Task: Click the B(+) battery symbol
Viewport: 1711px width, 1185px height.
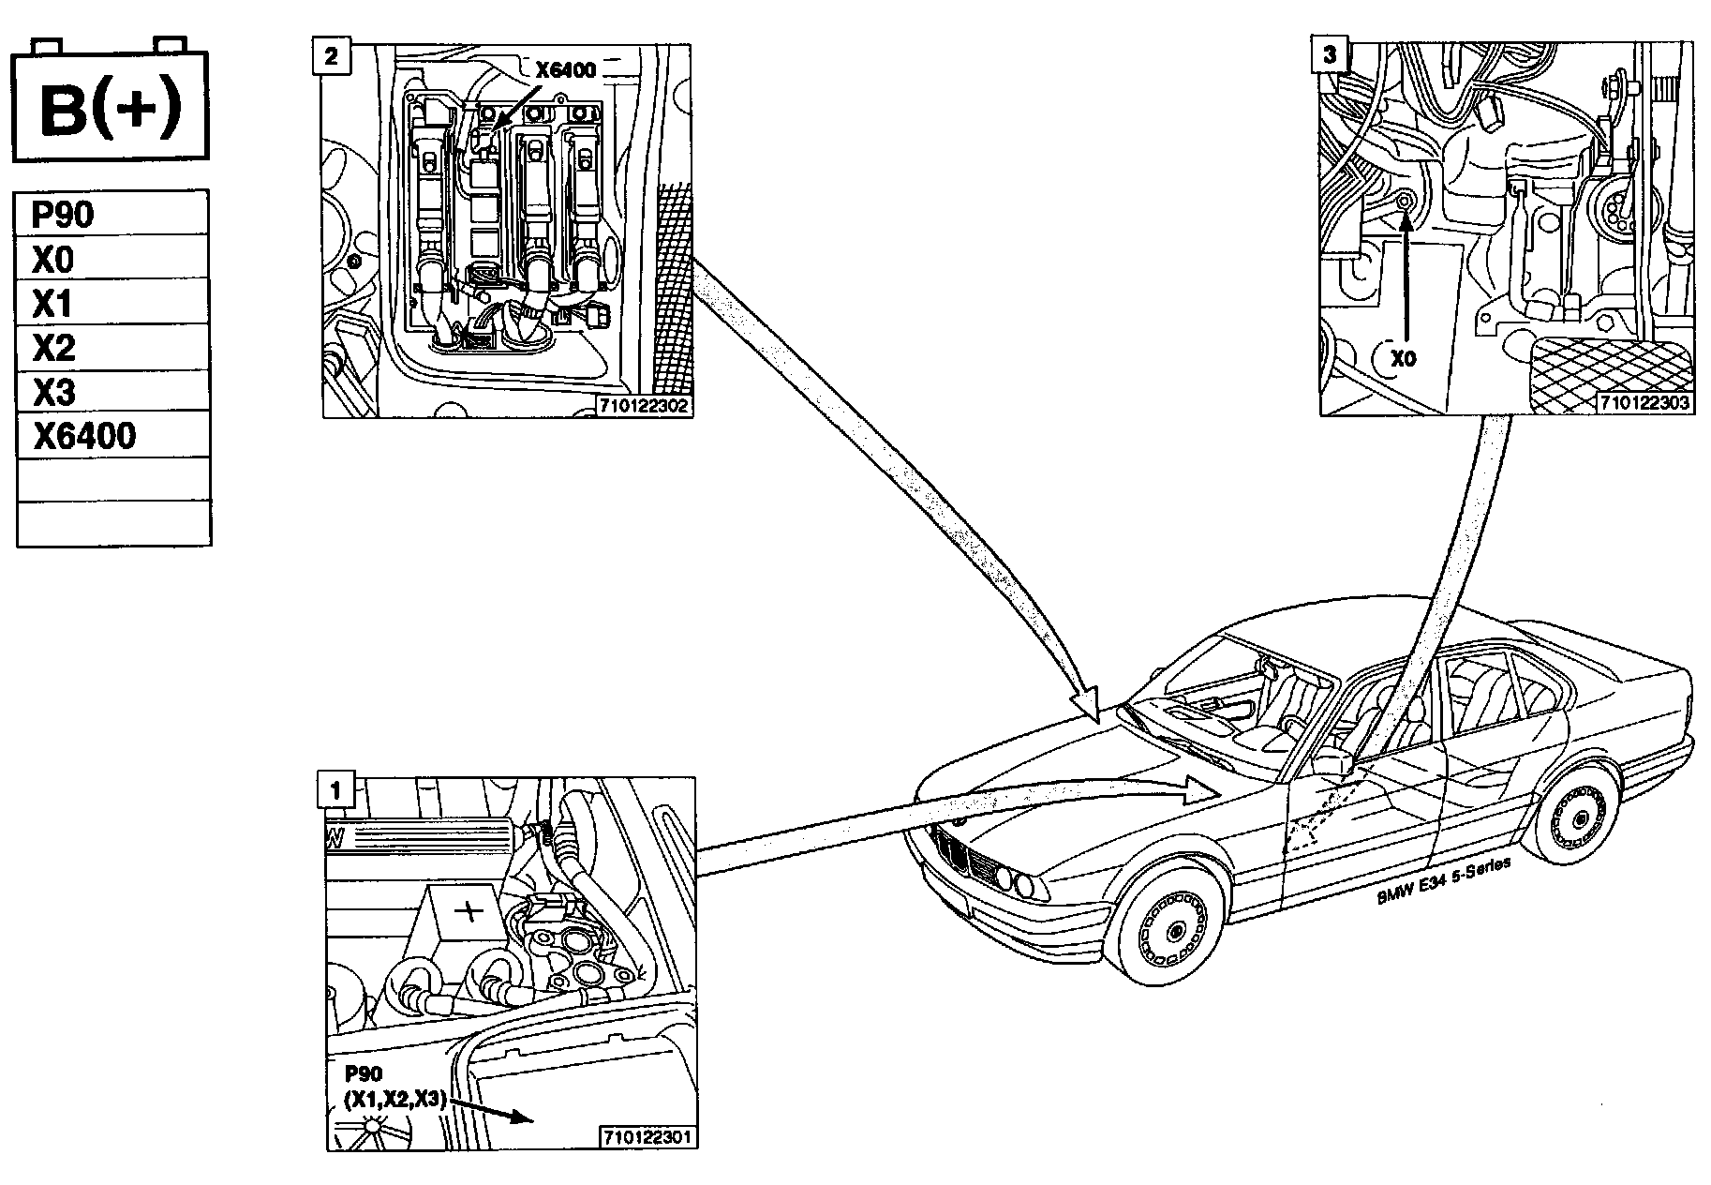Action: (109, 106)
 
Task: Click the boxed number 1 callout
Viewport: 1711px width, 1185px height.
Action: (336, 789)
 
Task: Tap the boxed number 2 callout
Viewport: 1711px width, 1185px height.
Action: (332, 55)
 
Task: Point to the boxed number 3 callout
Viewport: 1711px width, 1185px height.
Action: (1329, 54)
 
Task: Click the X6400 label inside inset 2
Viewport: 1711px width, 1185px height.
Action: (565, 69)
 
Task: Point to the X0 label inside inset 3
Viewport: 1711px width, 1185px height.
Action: (1404, 359)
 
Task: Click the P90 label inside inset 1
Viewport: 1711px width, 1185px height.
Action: (364, 1073)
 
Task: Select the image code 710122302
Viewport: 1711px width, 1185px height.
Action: (646, 407)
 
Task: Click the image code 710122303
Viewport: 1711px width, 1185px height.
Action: (1644, 404)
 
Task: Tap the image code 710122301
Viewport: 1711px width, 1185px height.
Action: (647, 1138)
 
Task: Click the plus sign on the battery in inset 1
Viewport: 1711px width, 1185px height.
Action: (469, 910)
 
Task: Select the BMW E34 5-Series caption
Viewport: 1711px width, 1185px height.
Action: (1443, 882)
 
